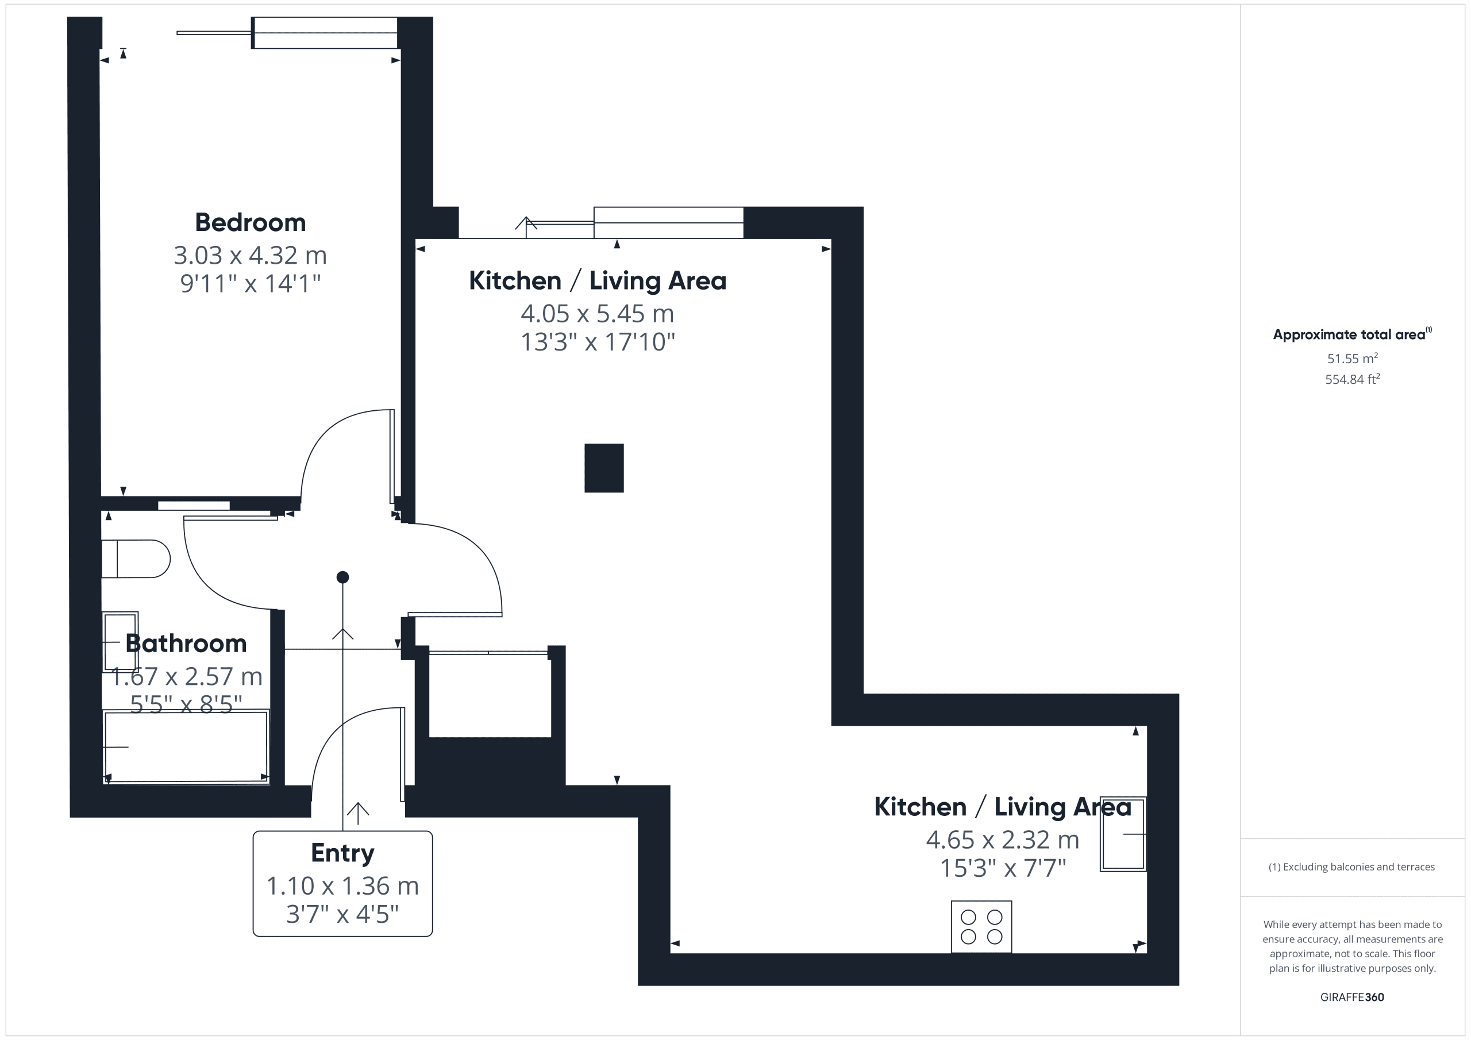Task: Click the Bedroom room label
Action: pos(250,222)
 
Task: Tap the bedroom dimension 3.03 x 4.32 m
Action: pos(250,255)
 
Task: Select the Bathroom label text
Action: pos(186,643)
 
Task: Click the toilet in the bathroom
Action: pos(136,558)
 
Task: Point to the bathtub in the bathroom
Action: pos(186,746)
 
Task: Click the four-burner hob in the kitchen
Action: pos(981,927)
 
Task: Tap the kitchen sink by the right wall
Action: pos(1123,834)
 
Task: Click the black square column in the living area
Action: pos(603,468)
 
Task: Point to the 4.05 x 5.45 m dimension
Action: pos(597,313)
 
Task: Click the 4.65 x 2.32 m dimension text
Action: pos(1003,839)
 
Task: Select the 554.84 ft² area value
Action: pos(1353,379)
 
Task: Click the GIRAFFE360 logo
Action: pos(1352,997)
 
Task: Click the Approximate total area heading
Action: pos(1352,334)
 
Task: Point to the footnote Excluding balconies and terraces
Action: pos(1352,867)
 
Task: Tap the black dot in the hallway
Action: pos(343,577)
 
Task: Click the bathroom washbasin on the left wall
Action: pos(121,641)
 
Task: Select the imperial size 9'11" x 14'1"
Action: pos(250,283)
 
